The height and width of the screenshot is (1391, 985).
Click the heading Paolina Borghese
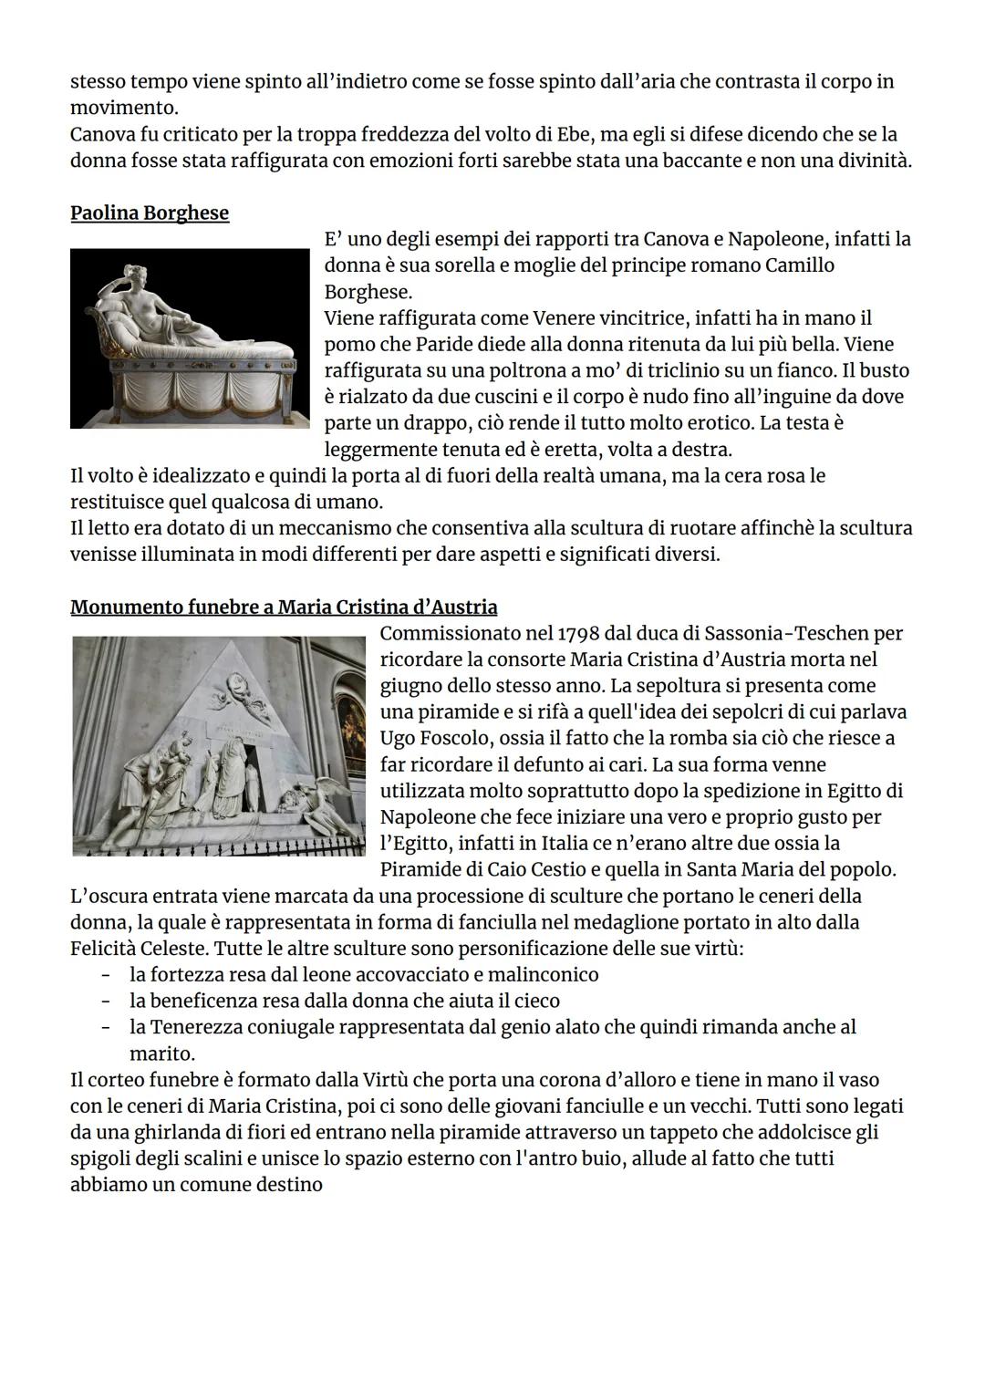pos(150,213)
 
